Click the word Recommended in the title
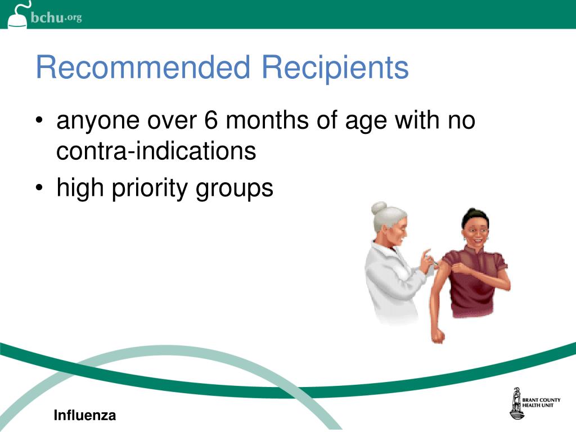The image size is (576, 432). click(143, 67)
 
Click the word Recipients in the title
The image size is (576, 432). click(335, 68)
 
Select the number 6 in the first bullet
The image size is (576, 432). click(210, 120)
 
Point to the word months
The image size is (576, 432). click(267, 120)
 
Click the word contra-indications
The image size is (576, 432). click(156, 151)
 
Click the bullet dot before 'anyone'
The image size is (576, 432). click(39, 120)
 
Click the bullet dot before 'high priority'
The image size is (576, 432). click(39, 188)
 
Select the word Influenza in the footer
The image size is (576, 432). click(85, 416)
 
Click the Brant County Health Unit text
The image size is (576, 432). click(542, 403)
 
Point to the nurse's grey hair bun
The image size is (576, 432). click(379, 208)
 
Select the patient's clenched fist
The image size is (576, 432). click(438, 335)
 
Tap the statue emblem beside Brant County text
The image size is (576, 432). click(516, 403)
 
